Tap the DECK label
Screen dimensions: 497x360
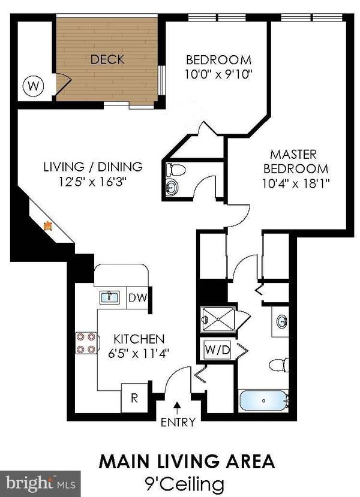click(107, 59)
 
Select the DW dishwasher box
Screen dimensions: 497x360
click(137, 297)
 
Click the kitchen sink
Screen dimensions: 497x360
click(110, 297)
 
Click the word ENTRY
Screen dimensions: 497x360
click(178, 422)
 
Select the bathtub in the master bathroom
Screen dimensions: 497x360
click(263, 400)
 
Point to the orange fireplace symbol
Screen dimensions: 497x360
click(48, 225)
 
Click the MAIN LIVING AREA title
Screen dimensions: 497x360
click(186, 462)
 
